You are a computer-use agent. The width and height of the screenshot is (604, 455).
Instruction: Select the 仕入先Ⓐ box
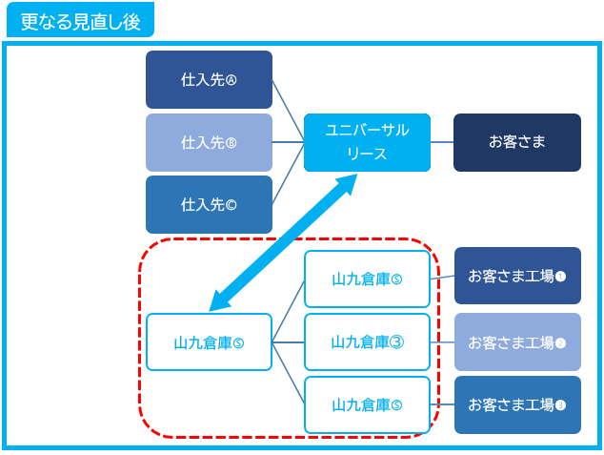[x=209, y=79]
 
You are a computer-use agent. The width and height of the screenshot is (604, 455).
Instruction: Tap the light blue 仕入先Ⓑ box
[x=209, y=142]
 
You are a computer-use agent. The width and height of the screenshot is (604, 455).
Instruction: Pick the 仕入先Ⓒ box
[x=209, y=204]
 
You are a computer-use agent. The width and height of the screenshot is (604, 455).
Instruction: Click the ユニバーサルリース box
[x=367, y=142]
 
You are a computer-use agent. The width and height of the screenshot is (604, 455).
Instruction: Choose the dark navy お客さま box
[x=516, y=142]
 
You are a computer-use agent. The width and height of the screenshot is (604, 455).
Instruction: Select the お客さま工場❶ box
[x=516, y=276]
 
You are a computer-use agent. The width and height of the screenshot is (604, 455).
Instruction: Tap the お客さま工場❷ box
[x=516, y=341]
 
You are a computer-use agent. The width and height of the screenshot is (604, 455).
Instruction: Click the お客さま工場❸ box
[x=516, y=404]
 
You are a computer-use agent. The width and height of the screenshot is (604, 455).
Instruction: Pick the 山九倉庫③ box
[x=367, y=341]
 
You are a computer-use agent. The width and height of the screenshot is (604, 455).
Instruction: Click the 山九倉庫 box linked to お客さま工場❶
[x=367, y=279]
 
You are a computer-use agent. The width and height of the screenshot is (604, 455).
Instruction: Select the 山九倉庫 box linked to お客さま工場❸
[x=367, y=404]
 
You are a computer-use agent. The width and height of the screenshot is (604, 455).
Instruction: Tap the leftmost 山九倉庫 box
[x=209, y=341]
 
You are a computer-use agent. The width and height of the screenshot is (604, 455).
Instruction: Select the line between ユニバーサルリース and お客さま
[x=442, y=142]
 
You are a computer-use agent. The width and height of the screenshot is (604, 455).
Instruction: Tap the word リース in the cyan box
[x=367, y=153]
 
